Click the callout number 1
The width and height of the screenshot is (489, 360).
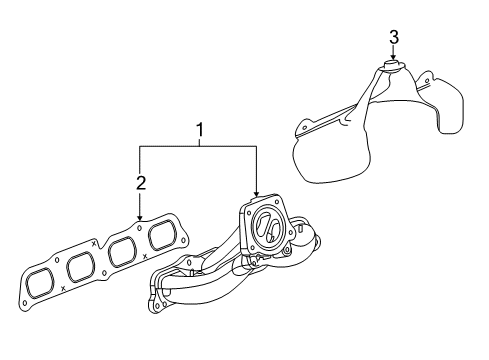[x=199, y=130]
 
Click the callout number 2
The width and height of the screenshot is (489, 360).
[x=141, y=182]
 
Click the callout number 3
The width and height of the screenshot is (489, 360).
[x=393, y=37]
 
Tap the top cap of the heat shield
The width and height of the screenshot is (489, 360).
[x=393, y=67]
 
